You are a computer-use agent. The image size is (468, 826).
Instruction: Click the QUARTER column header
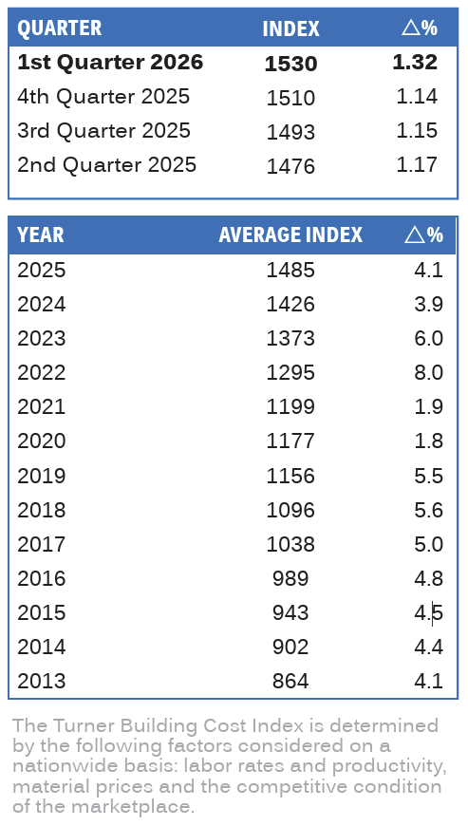pos(60,28)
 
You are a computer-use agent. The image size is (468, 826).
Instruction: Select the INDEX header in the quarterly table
pos(290,28)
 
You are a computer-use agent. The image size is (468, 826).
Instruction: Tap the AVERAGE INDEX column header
pos(290,235)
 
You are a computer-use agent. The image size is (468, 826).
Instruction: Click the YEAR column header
pos(41,235)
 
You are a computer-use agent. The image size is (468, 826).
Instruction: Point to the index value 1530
pos(290,64)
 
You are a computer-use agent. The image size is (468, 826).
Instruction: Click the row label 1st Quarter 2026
pos(110,62)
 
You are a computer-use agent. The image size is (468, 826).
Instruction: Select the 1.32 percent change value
pos(415,62)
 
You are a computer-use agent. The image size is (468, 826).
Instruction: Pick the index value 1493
pos(290,132)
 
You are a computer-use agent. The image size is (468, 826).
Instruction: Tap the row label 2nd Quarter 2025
pos(107,165)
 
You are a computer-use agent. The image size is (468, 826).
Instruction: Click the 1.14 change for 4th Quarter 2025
pos(417,97)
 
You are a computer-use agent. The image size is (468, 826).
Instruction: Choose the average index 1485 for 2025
pos(290,271)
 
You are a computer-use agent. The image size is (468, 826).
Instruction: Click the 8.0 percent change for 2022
pos(428,372)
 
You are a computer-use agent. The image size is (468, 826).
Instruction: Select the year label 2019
pos(42,476)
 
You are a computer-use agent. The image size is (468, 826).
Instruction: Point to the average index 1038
pos(290,544)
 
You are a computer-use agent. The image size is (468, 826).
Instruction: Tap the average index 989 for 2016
pos(290,578)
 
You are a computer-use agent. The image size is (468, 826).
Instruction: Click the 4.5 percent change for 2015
pos(428,612)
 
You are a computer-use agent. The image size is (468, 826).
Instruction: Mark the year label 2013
pos(42,681)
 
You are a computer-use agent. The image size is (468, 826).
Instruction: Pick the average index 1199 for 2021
pos(290,406)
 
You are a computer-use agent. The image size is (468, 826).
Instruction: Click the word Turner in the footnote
pos(84,726)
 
